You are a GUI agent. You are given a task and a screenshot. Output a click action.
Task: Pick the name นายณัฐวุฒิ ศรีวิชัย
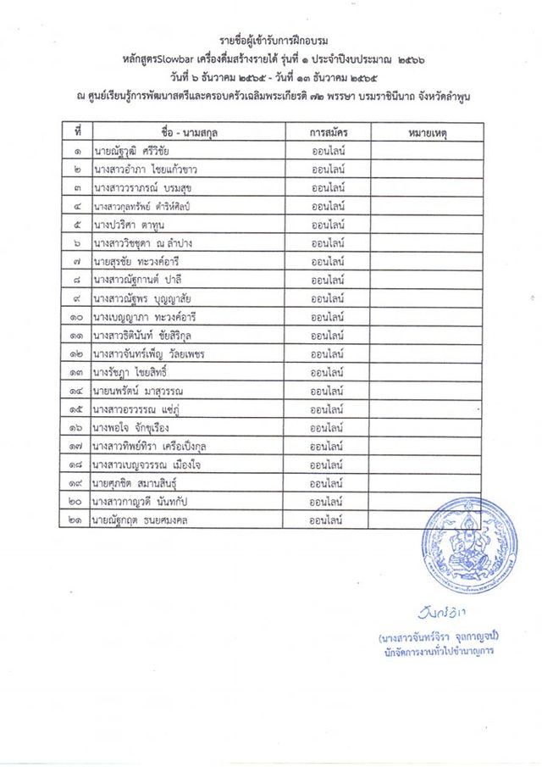pyautogui.click(x=136, y=152)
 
